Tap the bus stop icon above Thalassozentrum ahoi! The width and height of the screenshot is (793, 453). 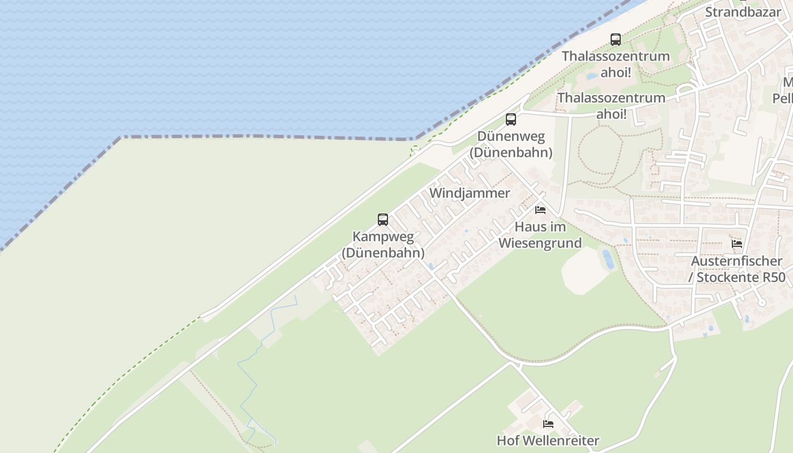616,40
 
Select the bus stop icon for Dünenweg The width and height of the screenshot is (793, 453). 511,119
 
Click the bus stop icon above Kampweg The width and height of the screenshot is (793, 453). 383,220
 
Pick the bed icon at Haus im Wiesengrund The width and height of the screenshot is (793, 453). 540,210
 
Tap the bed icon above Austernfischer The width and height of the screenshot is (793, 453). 737,244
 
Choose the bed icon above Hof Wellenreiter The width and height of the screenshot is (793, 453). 548,424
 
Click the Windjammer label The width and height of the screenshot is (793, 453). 470,193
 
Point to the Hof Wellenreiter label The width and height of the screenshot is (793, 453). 548,440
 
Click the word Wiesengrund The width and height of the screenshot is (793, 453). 540,243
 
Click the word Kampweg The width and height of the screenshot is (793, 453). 383,237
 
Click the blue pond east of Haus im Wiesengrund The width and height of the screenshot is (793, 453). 608,259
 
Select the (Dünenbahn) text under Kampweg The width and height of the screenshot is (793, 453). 383,253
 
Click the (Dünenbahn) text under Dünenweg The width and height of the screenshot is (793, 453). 511,152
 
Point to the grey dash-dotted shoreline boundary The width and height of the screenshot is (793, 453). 266,136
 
